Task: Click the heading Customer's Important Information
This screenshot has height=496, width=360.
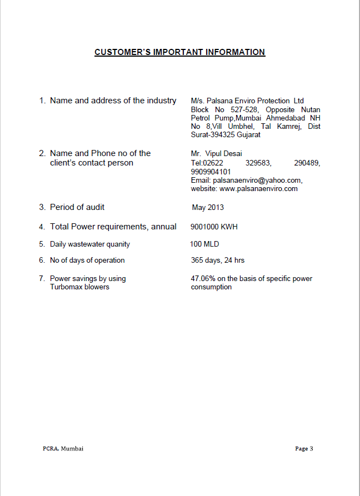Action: coord(179,52)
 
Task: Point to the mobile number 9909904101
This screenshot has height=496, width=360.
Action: coord(211,172)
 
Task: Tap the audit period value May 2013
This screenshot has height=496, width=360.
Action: coord(208,208)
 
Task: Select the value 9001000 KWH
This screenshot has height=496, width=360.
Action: coord(214,227)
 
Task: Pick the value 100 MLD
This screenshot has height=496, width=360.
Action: coord(204,244)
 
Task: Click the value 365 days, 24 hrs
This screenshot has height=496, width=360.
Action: coord(218,260)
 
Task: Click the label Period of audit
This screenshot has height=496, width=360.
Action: coord(77,207)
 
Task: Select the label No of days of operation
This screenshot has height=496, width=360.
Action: coord(87,260)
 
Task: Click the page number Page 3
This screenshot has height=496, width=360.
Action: coord(304,448)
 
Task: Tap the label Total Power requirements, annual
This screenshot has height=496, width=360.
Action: coord(113,227)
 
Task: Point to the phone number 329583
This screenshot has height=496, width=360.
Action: coord(258,163)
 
